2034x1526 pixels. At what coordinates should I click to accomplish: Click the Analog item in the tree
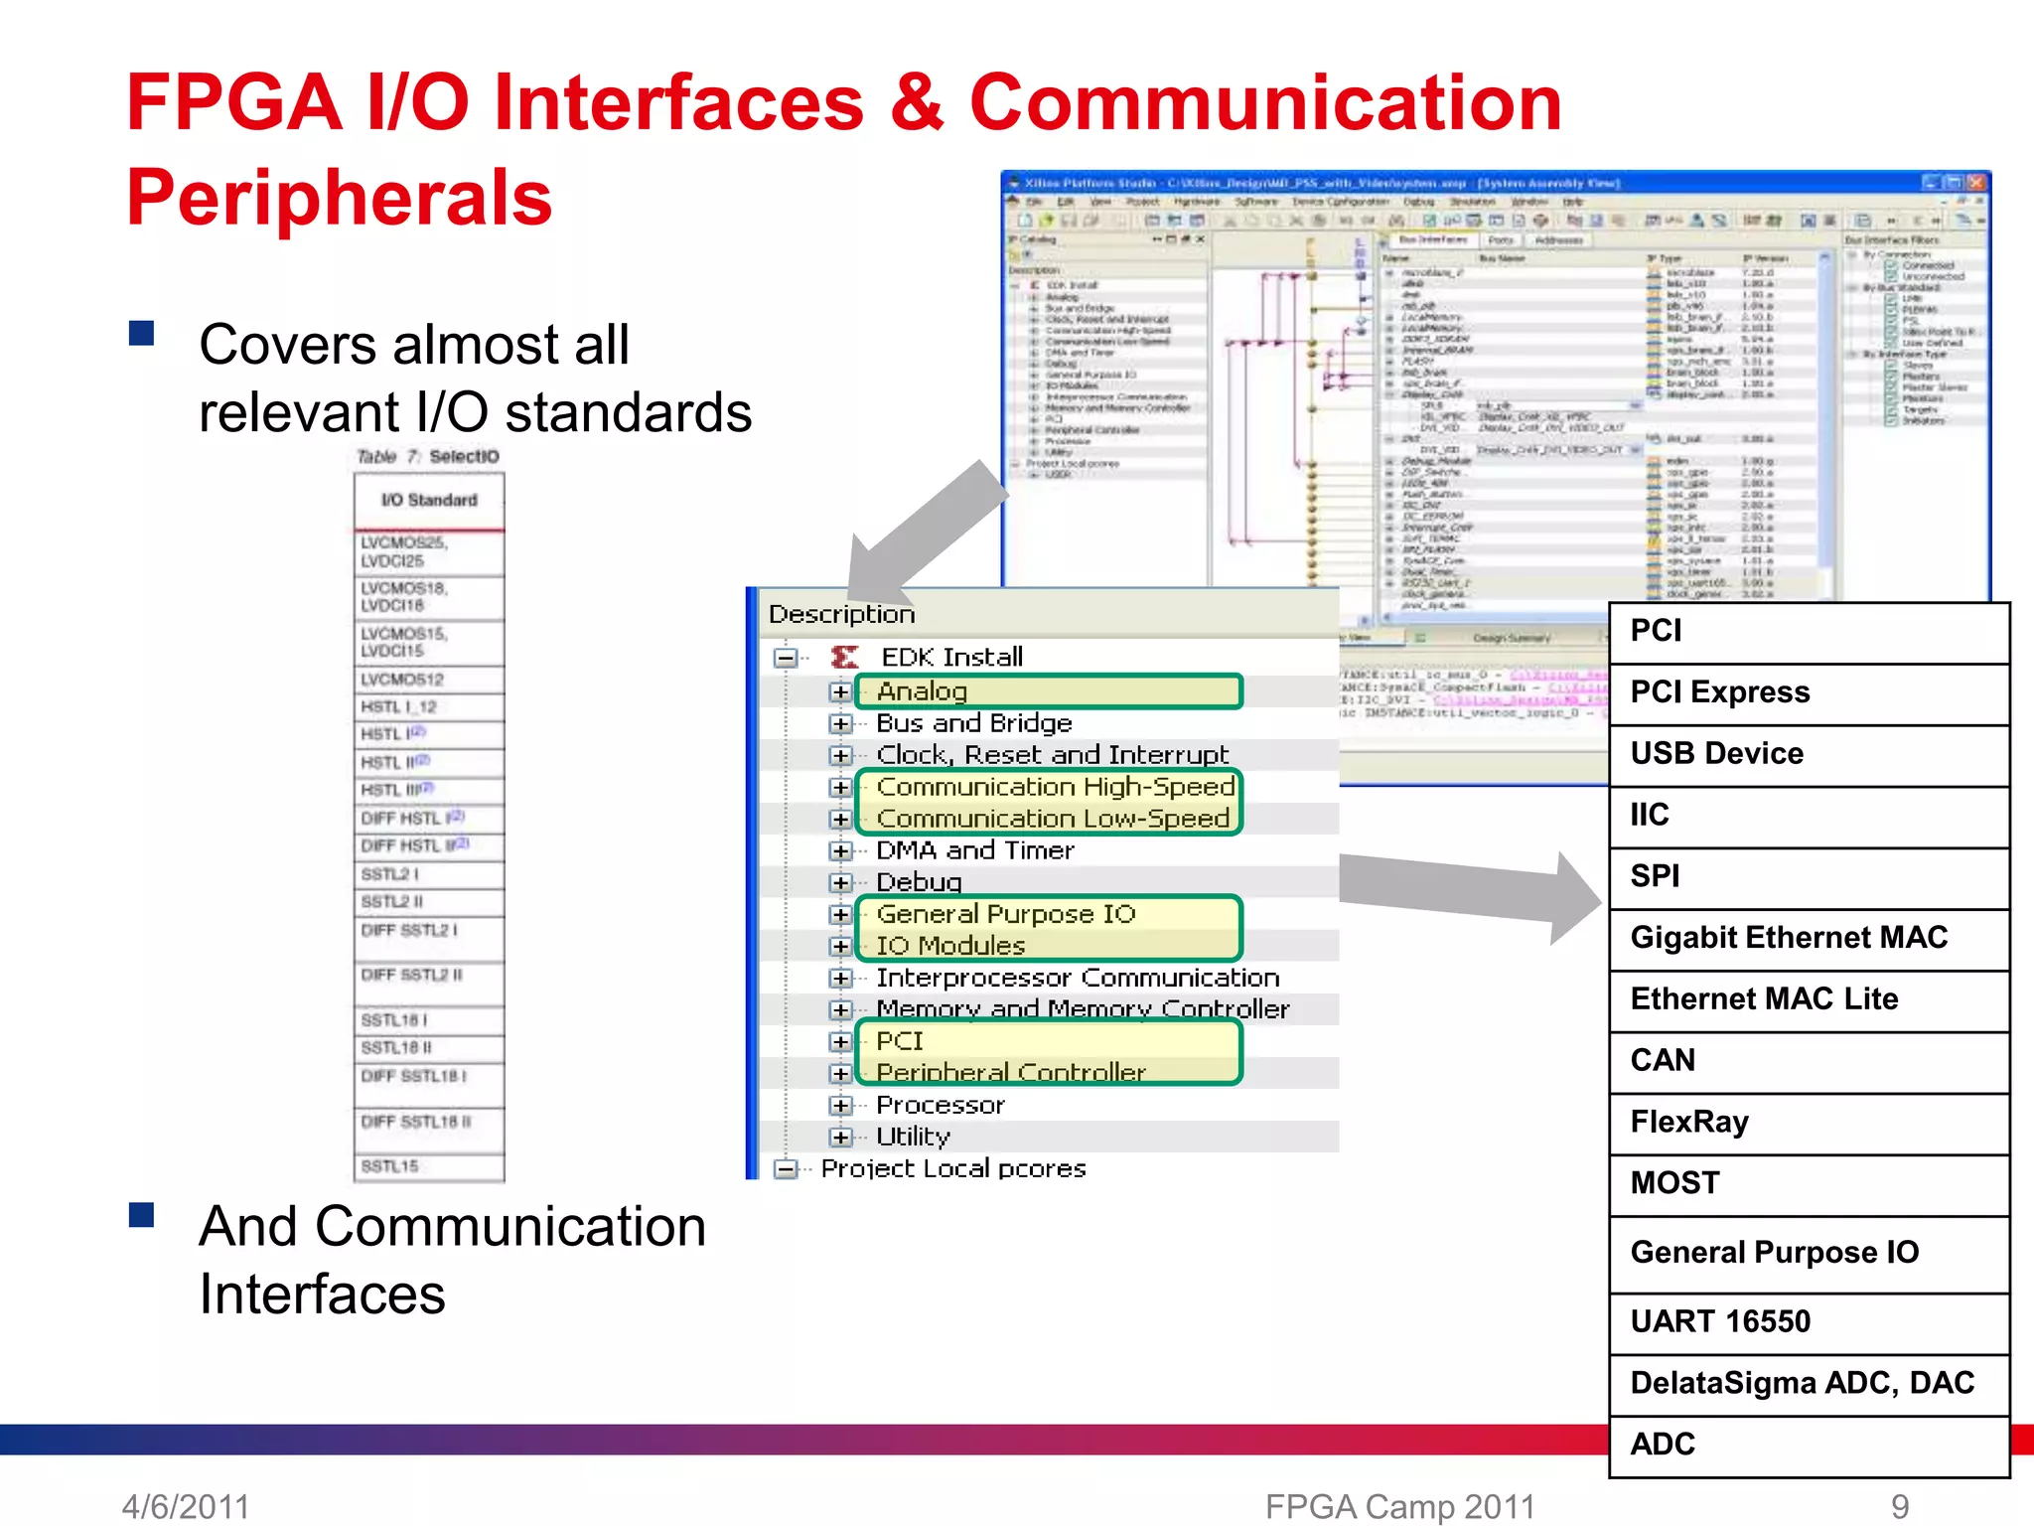pos(922,690)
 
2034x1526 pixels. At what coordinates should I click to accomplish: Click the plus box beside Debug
pos(840,882)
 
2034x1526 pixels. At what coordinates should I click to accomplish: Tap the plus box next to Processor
pos(840,1105)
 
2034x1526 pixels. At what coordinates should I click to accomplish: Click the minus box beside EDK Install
pos(786,658)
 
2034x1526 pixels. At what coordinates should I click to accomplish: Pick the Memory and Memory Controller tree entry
pos(1082,1009)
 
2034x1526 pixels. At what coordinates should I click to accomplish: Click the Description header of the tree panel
pos(841,614)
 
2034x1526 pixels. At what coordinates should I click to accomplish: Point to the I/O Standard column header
pos(429,500)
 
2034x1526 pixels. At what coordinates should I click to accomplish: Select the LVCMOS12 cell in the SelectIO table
pos(402,680)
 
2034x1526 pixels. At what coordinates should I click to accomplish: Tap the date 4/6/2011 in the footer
pos(186,1506)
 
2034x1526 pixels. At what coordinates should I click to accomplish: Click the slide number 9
pos(1899,1506)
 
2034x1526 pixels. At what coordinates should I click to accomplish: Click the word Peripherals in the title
pos(339,198)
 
